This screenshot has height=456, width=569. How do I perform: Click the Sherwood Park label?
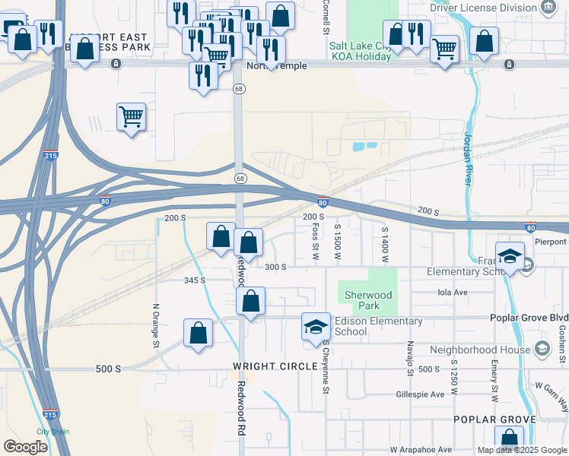tap(367, 301)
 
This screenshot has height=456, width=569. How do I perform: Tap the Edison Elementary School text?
tap(361, 326)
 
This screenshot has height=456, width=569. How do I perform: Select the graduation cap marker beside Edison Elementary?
tap(316, 328)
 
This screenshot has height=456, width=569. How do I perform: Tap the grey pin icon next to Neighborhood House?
tap(542, 349)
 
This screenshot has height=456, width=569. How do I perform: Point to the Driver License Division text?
tap(484, 8)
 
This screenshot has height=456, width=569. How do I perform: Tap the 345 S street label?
tap(194, 280)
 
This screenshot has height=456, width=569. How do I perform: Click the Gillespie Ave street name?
tap(420, 394)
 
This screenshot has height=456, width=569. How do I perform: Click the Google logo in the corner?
tap(25, 447)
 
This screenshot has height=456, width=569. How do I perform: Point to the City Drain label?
tap(52, 432)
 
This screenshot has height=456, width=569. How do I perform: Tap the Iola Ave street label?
tap(453, 292)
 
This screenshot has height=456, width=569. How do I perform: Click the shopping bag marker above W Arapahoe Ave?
tap(509, 439)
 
